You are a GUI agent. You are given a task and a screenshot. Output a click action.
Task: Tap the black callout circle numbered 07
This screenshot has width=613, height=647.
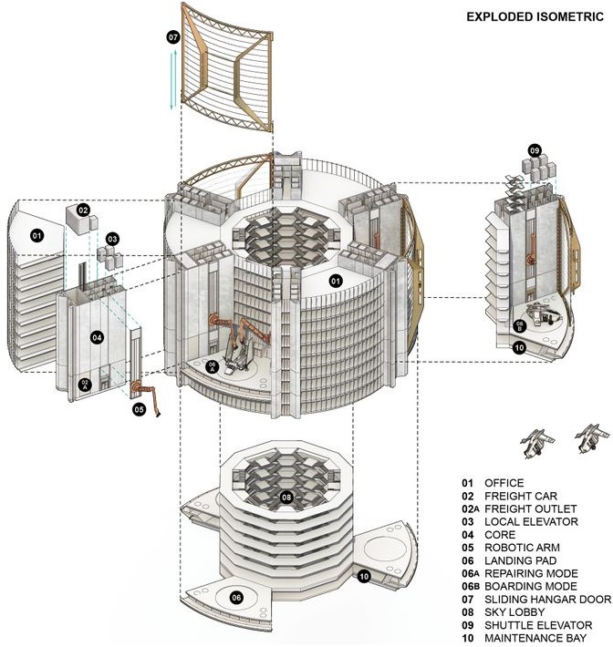[x=173, y=37]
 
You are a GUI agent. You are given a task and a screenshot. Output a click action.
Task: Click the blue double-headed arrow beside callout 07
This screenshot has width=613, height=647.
[x=173, y=81]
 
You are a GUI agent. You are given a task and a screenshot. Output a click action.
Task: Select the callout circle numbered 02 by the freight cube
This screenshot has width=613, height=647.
[x=83, y=210]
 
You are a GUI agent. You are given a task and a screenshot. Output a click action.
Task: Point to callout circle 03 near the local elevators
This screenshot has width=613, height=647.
[x=112, y=239]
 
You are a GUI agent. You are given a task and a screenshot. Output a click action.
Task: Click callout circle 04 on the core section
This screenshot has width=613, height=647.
[x=97, y=336]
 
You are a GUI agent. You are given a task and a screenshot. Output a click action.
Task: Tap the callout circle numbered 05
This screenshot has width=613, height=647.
[x=140, y=410]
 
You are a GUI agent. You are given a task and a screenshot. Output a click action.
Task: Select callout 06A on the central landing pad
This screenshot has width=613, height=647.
[x=213, y=367]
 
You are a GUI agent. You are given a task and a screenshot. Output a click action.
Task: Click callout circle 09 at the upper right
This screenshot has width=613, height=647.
[x=535, y=149]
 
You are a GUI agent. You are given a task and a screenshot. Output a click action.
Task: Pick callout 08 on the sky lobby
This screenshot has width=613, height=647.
[x=286, y=498]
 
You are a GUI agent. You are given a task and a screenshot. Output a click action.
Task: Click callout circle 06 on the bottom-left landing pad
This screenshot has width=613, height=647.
[x=236, y=597]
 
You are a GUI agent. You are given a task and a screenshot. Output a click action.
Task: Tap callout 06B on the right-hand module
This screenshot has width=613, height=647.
[x=519, y=325]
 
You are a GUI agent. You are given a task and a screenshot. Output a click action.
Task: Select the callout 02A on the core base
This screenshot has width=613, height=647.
[x=85, y=385]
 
